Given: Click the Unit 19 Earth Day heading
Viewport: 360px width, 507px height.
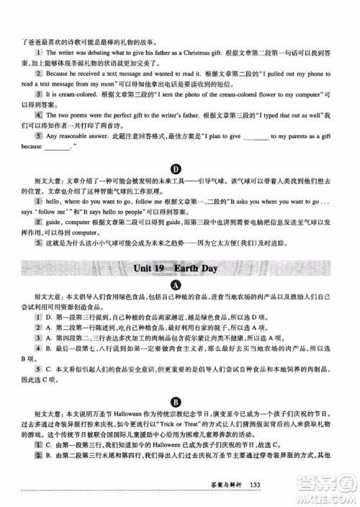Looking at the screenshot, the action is coord(179,269).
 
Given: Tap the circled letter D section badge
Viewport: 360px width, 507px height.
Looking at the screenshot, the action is coord(180,168).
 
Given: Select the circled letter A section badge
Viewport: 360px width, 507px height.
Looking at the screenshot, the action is coord(180,285).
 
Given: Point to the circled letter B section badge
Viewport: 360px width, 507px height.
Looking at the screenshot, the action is coord(180,401).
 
